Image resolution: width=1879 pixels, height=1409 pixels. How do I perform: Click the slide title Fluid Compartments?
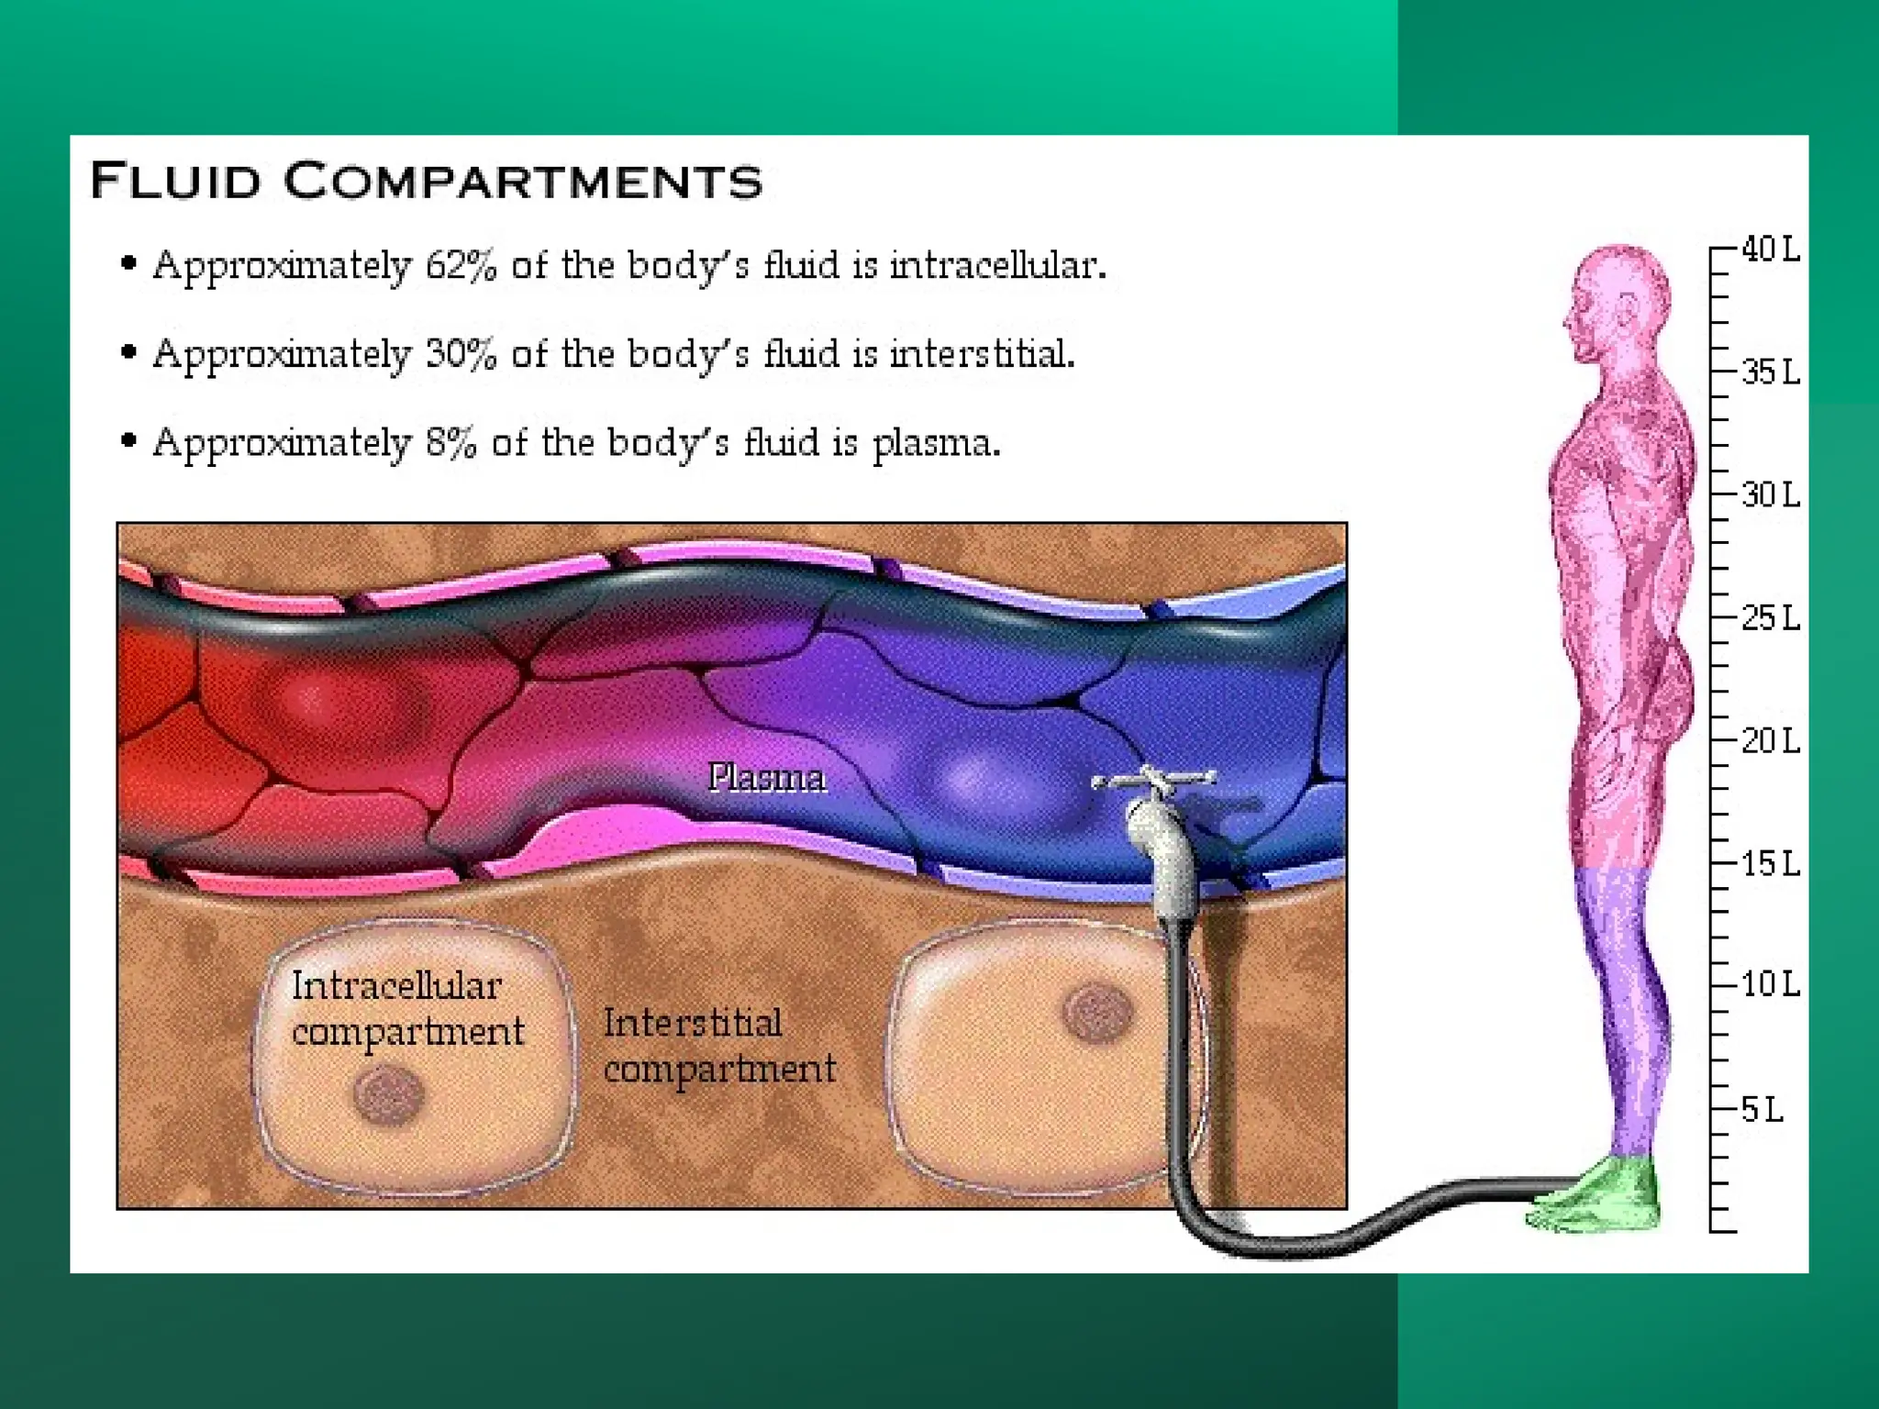(x=426, y=180)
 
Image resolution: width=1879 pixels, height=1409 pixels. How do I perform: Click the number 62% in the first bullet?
(x=461, y=266)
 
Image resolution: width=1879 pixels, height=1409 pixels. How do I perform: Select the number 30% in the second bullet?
(x=461, y=354)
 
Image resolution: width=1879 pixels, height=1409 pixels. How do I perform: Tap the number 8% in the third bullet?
(x=450, y=443)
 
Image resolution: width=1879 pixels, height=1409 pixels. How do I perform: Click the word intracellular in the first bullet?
(x=995, y=266)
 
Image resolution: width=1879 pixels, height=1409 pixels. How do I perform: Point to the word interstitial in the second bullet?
(x=980, y=354)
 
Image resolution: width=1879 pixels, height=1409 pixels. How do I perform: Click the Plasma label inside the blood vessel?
(x=767, y=778)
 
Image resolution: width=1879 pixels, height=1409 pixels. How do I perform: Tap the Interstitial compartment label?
(x=718, y=1046)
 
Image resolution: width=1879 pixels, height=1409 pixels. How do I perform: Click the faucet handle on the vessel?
(x=1152, y=780)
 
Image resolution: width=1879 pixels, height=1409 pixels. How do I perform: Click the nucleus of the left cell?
(x=388, y=1094)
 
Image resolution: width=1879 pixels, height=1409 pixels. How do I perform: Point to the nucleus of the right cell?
(x=1097, y=1014)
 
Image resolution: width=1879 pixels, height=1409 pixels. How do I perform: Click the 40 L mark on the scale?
(x=1770, y=250)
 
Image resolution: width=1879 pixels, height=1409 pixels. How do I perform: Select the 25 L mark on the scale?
(x=1770, y=618)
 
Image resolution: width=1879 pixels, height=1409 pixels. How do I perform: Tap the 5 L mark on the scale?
(x=1762, y=1110)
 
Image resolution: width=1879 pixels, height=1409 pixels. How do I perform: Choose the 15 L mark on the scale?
(x=1770, y=864)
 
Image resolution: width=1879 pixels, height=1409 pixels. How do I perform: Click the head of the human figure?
(x=1619, y=298)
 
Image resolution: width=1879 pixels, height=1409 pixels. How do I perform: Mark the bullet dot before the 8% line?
(x=129, y=441)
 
